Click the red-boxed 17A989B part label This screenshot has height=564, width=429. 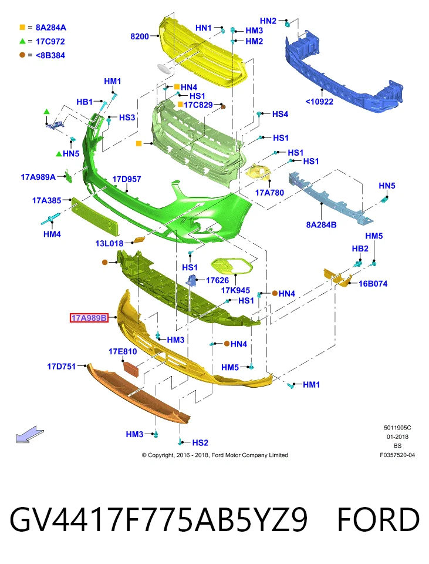(x=89, y=318)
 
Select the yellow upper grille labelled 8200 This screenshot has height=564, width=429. (x=203, y=52)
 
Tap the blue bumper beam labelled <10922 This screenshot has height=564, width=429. (x=343, y=74)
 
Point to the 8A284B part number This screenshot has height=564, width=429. (x=321, y=225)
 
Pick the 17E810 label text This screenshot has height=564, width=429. (x=123, y=351)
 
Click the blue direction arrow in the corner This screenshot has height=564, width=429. (x=30, y=434)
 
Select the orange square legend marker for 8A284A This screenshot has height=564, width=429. (x=22, y=28)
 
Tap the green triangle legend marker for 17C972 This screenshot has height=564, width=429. (x=22, y=41)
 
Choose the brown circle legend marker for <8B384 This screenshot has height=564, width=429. (x=22, y=55)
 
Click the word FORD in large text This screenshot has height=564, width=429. (x=379, y=520)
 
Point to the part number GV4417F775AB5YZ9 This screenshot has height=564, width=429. (x=158, y=520)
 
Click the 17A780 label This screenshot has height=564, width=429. (x=269, y=193)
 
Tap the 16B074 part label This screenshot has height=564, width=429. (x=373, y=284)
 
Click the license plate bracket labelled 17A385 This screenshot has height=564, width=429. (x=94, y=215)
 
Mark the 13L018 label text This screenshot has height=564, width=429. (x=109, y=243)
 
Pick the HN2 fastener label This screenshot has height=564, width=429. (x=268, y=21)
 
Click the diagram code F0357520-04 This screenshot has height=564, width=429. (x=397, y=455)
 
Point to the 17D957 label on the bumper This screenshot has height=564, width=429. (x=127, y=179)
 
